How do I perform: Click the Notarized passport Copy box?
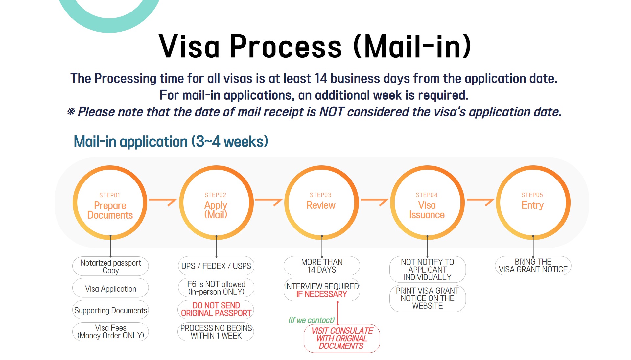(110, 266)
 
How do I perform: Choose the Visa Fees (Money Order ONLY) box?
(110, 332)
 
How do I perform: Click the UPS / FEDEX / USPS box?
(216, 266)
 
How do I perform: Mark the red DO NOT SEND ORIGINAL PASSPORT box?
(216, 309)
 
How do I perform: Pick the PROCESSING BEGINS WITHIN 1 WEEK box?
(216, 332)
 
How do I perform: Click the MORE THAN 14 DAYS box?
(322, 266)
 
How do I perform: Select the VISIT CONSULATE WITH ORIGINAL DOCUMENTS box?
(342, 339)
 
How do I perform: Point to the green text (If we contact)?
(312, 320)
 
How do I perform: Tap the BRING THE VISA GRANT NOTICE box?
(533, 266)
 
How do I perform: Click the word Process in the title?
(286, 46)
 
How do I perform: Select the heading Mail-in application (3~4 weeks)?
(171, 142)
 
